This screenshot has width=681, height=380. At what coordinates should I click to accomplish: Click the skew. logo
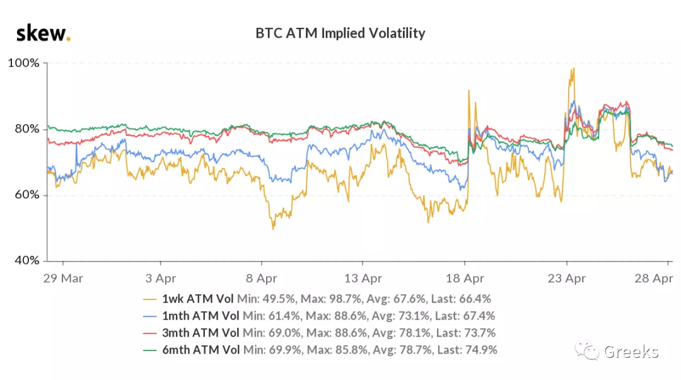click(42, 33)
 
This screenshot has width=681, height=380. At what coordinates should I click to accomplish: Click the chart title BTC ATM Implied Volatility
click(340, 33)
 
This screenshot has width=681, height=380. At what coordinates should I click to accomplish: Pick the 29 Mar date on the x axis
click(62, 279)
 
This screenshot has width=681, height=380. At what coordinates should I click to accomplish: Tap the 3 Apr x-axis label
click(161, 279)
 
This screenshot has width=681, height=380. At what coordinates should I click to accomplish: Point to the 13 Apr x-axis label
click(363, 279)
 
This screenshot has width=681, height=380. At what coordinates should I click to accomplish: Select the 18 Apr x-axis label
click(465, 279)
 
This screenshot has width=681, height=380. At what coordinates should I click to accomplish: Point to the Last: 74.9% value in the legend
click(465, 349)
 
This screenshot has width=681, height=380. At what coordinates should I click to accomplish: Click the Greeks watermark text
click(631, 351)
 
